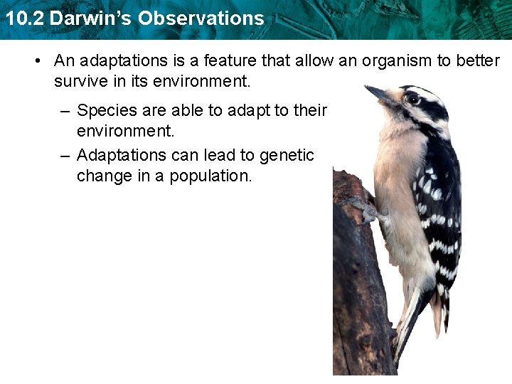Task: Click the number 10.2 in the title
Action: click(x=23, y=18)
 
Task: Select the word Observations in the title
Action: click(x=201, y=18)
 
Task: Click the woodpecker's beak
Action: click(x=377, y=93)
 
